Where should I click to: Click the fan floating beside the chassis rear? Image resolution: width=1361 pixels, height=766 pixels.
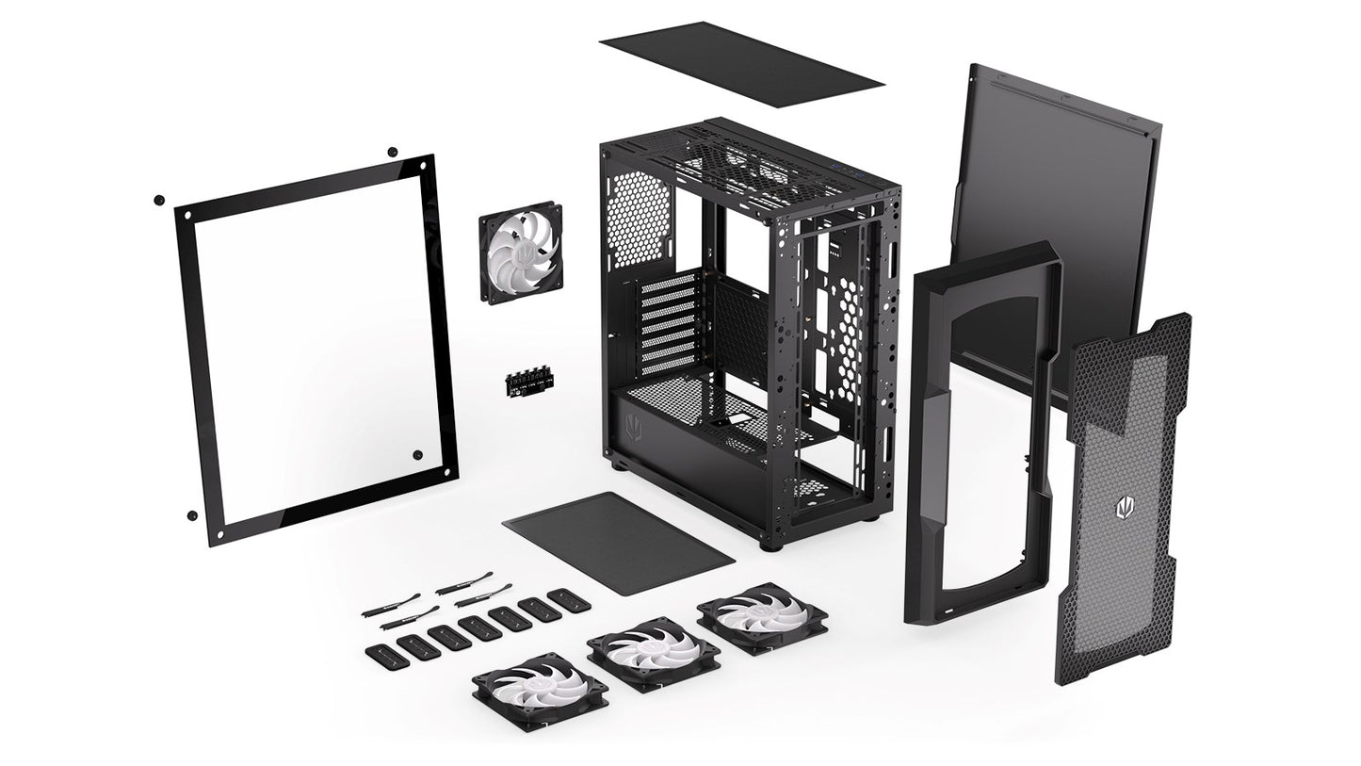[520, 255]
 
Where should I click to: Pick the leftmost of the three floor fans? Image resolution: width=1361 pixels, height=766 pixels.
[540, 692]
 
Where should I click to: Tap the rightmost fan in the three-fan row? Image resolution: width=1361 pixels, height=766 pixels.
[762, 618]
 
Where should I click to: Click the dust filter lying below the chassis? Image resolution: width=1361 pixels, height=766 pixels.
[618, 542]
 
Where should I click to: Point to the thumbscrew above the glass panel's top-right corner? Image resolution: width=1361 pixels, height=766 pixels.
[393, 152]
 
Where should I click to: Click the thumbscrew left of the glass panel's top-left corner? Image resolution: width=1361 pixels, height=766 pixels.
[158, 200]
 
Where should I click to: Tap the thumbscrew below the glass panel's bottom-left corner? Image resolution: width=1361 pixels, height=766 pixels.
[192, 515]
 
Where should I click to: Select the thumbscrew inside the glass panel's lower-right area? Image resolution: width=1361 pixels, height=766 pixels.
[416, 455]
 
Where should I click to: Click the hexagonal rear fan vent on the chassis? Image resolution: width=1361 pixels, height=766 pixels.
[640, 216]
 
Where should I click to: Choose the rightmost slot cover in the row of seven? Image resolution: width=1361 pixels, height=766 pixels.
[569, 599]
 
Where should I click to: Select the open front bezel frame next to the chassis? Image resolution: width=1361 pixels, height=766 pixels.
[980, 433]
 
